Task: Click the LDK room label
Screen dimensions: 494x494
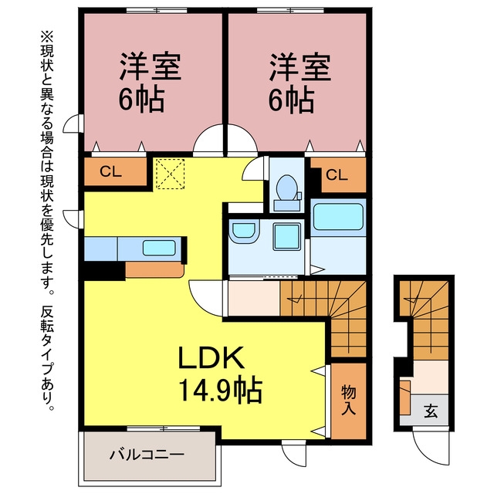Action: pos(211,357)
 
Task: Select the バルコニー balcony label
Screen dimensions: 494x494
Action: pos(147,455)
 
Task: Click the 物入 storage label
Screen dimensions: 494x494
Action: pos(349,400)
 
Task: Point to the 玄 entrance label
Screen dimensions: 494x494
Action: pos(431,411)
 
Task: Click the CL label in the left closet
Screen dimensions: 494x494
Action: pos(110,171)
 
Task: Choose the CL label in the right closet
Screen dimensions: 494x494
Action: pos(337,175)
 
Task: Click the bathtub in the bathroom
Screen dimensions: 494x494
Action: pos(338,217)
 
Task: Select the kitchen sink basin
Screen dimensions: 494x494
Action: pos(159,248)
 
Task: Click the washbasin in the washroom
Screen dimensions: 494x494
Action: pos(244,232)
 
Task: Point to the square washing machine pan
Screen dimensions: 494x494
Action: pos(286,237)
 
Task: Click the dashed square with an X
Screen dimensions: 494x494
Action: pos(171,174)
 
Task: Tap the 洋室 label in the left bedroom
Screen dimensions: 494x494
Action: pos(150,67)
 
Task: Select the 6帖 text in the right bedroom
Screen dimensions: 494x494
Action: pos(292,100)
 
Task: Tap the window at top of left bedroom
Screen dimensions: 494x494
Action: pos(157,10)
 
